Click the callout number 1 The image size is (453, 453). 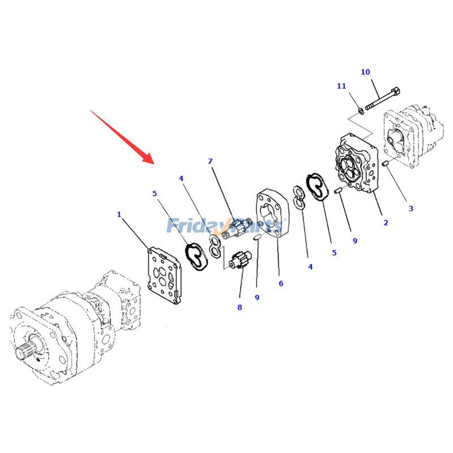pos(119,215)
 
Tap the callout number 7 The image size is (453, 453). pos(210,161)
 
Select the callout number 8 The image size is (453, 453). pos(240,307)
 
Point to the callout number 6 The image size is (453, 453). pos(281,283)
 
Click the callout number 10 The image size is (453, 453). pos(365,72)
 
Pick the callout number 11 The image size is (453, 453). pos(341,86)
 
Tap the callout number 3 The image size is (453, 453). pos(411,208)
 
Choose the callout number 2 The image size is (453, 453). pos(386,223)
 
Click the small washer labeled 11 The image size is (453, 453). pos(361,110)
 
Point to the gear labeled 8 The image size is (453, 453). pos(240,260)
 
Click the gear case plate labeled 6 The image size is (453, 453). pos(272,213)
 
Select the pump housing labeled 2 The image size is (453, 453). pos(357,163)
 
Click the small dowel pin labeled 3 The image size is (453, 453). pos(384,164)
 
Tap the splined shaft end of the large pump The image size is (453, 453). pos(24,351)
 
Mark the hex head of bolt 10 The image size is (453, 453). pos(395,92)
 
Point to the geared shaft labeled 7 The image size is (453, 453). pos(237,228)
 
